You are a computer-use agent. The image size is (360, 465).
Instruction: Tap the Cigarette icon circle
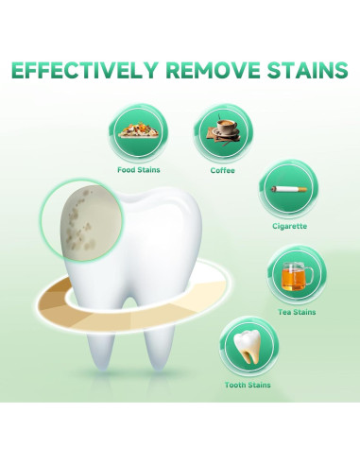(288, 191)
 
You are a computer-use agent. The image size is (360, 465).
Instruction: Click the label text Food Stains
(139, 171)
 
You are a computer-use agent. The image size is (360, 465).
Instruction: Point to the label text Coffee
(223, 170)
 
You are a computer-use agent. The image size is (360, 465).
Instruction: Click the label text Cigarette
(288, 226)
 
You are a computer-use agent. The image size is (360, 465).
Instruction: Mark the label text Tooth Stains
(248, 385)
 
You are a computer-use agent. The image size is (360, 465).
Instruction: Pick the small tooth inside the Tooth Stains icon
(246, 347)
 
